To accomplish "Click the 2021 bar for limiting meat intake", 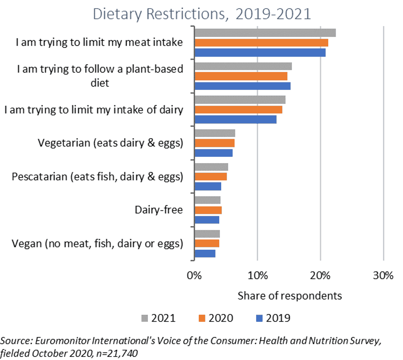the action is (x=265, y=33).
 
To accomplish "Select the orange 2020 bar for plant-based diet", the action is (x=241, y=76).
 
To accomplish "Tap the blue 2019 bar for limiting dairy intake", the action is (x=236, y=119).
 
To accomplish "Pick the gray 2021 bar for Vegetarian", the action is (x=215, y=133).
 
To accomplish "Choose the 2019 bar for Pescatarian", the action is (x=208, y=186).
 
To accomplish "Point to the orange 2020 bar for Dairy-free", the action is (x=208, y=210).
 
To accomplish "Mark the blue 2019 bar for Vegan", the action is (x=205, y=254).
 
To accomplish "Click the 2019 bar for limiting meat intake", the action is (x=260, y=52).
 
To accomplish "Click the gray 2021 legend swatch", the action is (x=145, y=318).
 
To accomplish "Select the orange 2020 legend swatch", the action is (x=202, y=318).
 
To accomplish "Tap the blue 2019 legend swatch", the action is (x=259, y=318).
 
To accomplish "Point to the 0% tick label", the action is (x=194, y=276).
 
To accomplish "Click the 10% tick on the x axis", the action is (x=257, y=276).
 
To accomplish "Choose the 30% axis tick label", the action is (x=383, y=276).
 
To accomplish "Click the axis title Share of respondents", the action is (x=290, y=296).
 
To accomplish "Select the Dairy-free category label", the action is (x=159, y=210).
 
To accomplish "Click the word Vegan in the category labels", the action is (x=27, y=243).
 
